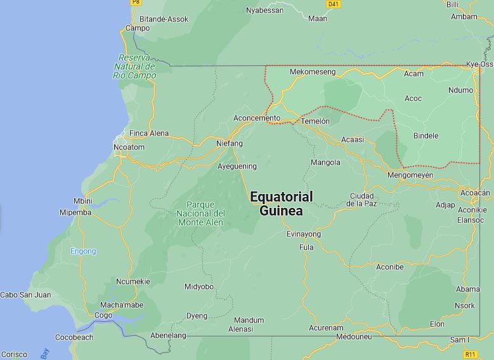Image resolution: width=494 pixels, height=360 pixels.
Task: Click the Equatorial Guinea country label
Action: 281,203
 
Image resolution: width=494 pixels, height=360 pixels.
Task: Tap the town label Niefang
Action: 230,143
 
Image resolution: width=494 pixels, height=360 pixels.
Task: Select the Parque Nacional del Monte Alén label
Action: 201,214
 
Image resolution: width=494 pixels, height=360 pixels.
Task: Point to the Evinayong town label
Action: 304,234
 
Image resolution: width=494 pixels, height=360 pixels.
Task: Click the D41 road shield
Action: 334,4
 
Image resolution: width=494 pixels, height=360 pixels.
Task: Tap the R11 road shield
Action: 469,354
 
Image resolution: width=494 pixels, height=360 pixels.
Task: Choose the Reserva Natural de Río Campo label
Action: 134,67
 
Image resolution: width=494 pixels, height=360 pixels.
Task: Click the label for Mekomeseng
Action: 312,72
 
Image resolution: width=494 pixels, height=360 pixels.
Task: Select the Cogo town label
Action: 103,315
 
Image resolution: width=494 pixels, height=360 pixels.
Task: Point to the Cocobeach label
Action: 74,337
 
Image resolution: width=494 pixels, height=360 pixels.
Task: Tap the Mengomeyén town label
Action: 410,175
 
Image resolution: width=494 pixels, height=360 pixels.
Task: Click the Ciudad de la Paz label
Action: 361,200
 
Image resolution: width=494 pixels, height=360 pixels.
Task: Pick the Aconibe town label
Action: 389,267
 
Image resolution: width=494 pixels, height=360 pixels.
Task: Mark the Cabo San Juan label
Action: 25,295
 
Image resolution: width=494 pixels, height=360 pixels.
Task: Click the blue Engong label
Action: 83,251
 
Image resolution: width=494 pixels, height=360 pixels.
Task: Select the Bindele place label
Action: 426,136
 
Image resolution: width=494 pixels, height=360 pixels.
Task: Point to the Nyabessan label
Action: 265,10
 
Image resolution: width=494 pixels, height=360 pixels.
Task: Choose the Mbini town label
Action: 83,201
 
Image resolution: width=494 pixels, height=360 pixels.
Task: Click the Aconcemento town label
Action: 257,118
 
